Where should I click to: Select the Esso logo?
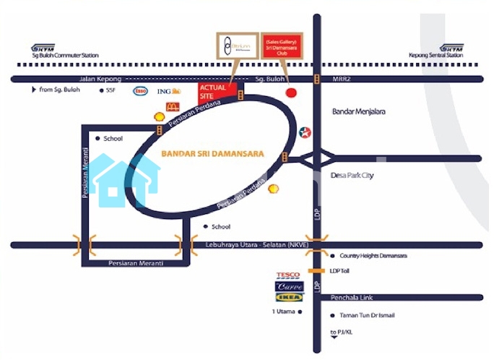click(140, 91)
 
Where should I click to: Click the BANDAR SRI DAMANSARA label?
click(212, 154)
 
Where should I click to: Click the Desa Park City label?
click(352, 175)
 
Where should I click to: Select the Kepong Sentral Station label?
click(435, 55)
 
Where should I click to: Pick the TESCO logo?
click(288, 275)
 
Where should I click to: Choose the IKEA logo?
click(288, 296)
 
